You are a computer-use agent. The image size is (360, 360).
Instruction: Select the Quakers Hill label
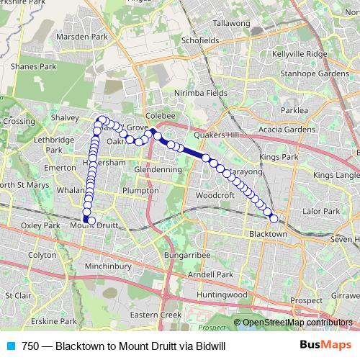coord(215,134)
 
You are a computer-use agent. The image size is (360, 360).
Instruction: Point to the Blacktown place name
coord(268,234)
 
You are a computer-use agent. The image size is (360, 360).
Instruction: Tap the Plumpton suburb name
coord(141,191)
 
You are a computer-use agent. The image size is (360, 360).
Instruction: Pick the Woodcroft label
coord(216,195)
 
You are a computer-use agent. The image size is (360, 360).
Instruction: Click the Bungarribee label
coord(186,255)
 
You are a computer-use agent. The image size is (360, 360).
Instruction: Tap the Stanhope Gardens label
coord(315,73)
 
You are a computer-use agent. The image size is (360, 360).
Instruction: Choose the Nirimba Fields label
coord(202,93)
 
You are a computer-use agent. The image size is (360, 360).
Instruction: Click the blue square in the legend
coord(9,346)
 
